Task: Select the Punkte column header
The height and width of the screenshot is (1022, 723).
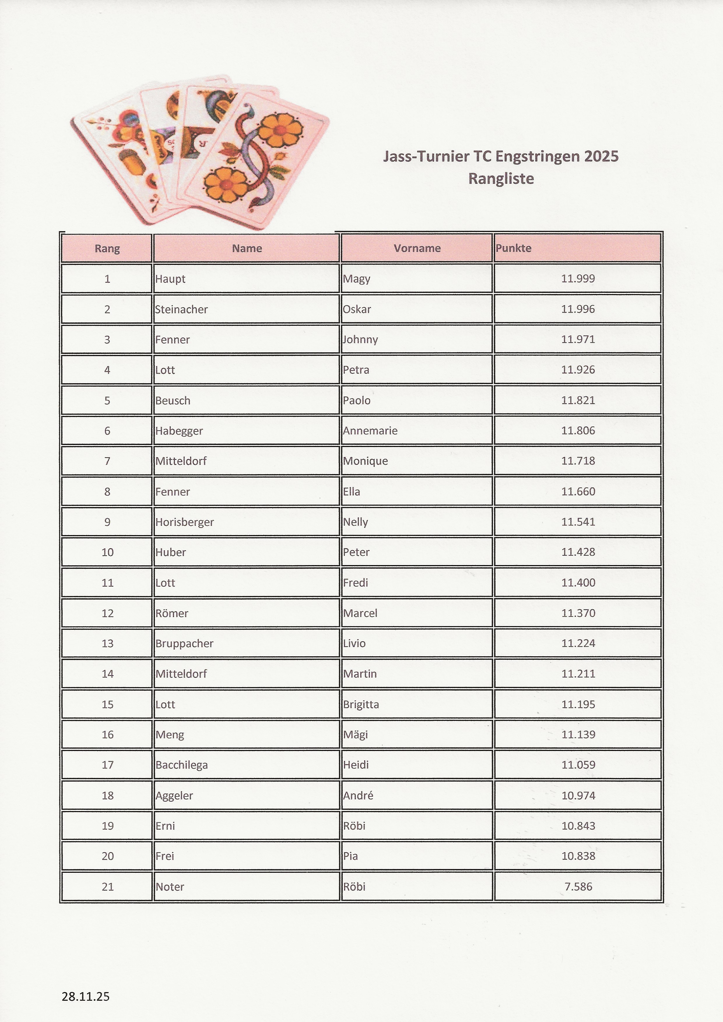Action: tap(513, 248)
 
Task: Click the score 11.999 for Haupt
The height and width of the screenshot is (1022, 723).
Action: tap(578, 279)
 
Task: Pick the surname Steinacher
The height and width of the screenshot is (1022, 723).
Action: tap(181, 309)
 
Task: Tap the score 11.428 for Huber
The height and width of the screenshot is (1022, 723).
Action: tap(578, 552)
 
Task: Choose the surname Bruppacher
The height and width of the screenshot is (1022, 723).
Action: tap(184, 643)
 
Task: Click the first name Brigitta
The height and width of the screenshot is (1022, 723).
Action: tap(361, 704)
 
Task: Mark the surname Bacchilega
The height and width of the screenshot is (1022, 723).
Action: tap(182, 765)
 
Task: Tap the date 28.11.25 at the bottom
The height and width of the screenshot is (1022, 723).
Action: tap(85, 996)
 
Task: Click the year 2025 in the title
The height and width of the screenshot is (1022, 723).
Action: tap(601, 156)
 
